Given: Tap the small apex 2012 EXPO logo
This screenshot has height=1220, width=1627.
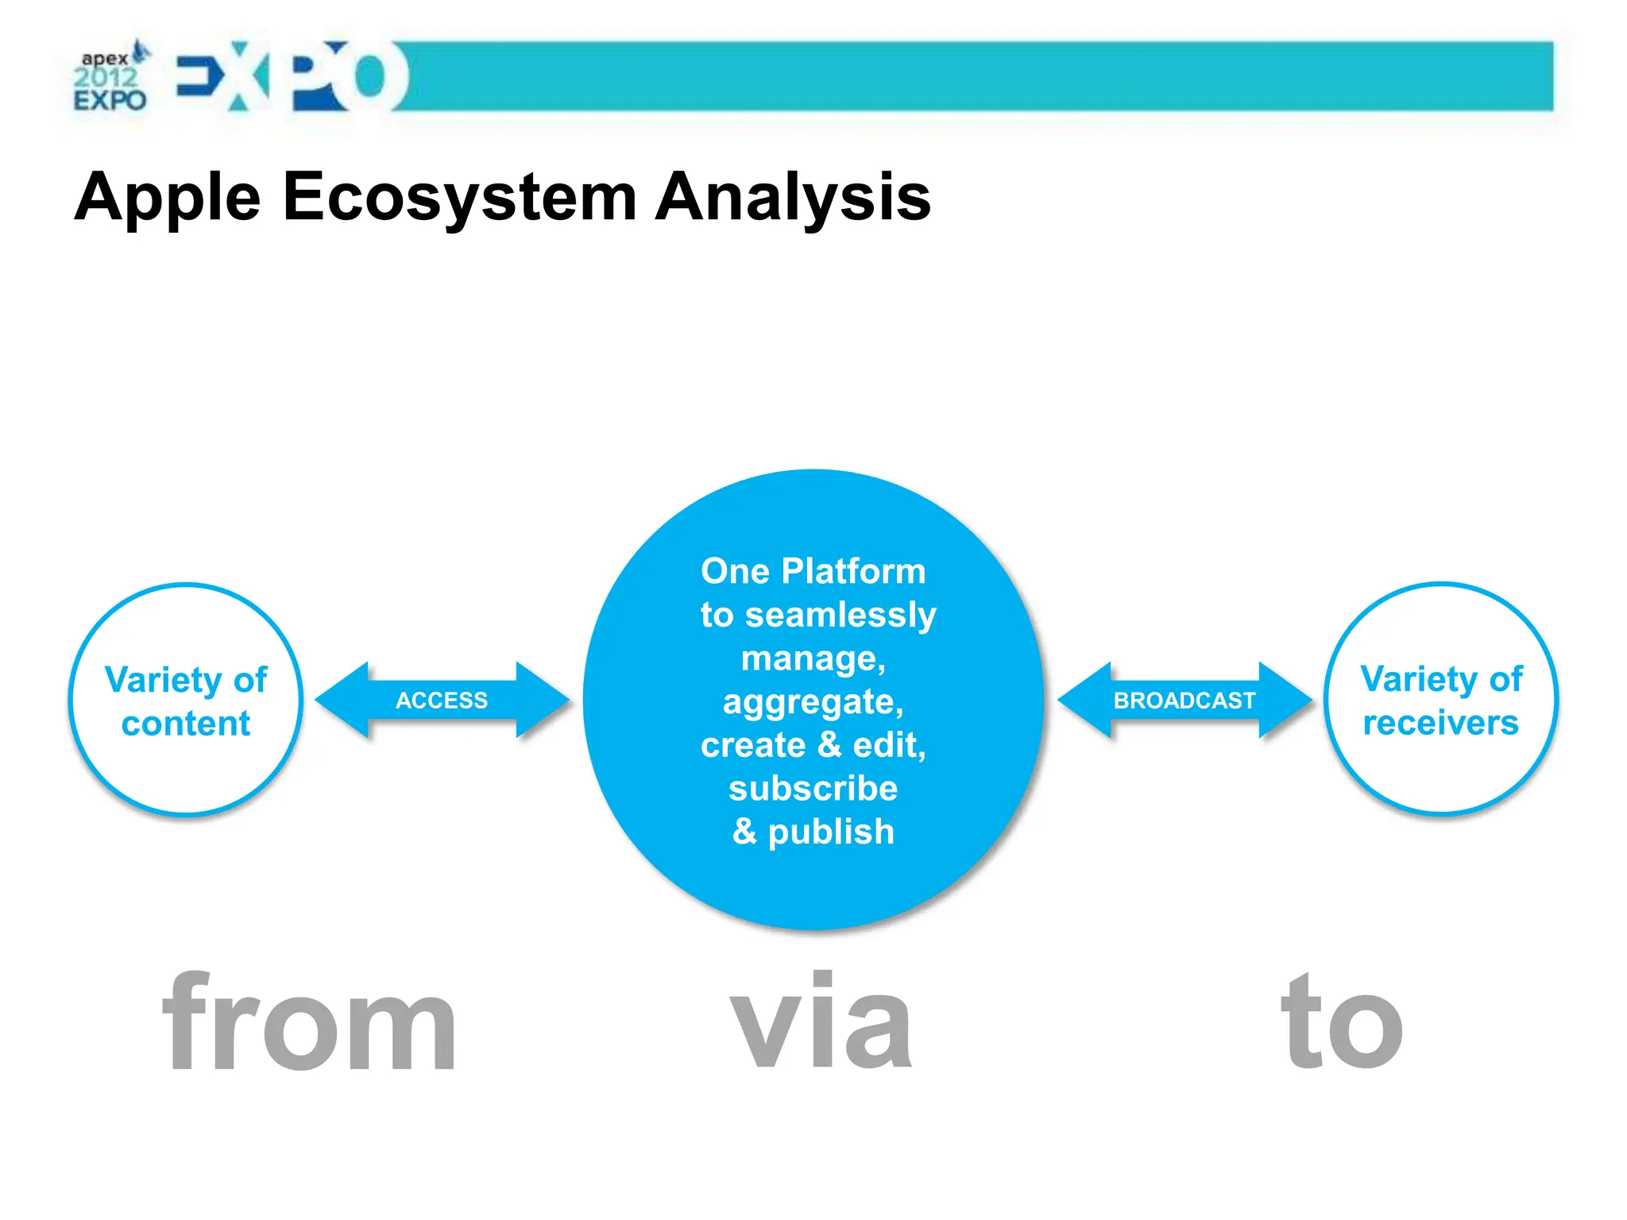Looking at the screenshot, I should (110, 79).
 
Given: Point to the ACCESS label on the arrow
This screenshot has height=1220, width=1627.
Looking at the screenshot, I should (442, 701).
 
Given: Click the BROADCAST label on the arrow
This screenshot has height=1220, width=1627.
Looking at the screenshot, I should (1184, 701).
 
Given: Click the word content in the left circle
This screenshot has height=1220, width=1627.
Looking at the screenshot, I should (186, 724).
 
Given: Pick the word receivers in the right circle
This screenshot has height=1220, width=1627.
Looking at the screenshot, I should (1440, 723).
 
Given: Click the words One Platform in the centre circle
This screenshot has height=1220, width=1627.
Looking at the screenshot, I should (813, 571).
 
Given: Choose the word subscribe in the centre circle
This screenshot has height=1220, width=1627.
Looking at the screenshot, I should (813, 789).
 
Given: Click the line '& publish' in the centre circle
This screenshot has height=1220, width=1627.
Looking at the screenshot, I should (813, 832).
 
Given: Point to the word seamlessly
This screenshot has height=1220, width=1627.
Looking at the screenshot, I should (841, 616).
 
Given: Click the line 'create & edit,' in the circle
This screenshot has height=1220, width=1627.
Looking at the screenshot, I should (813, 745).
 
